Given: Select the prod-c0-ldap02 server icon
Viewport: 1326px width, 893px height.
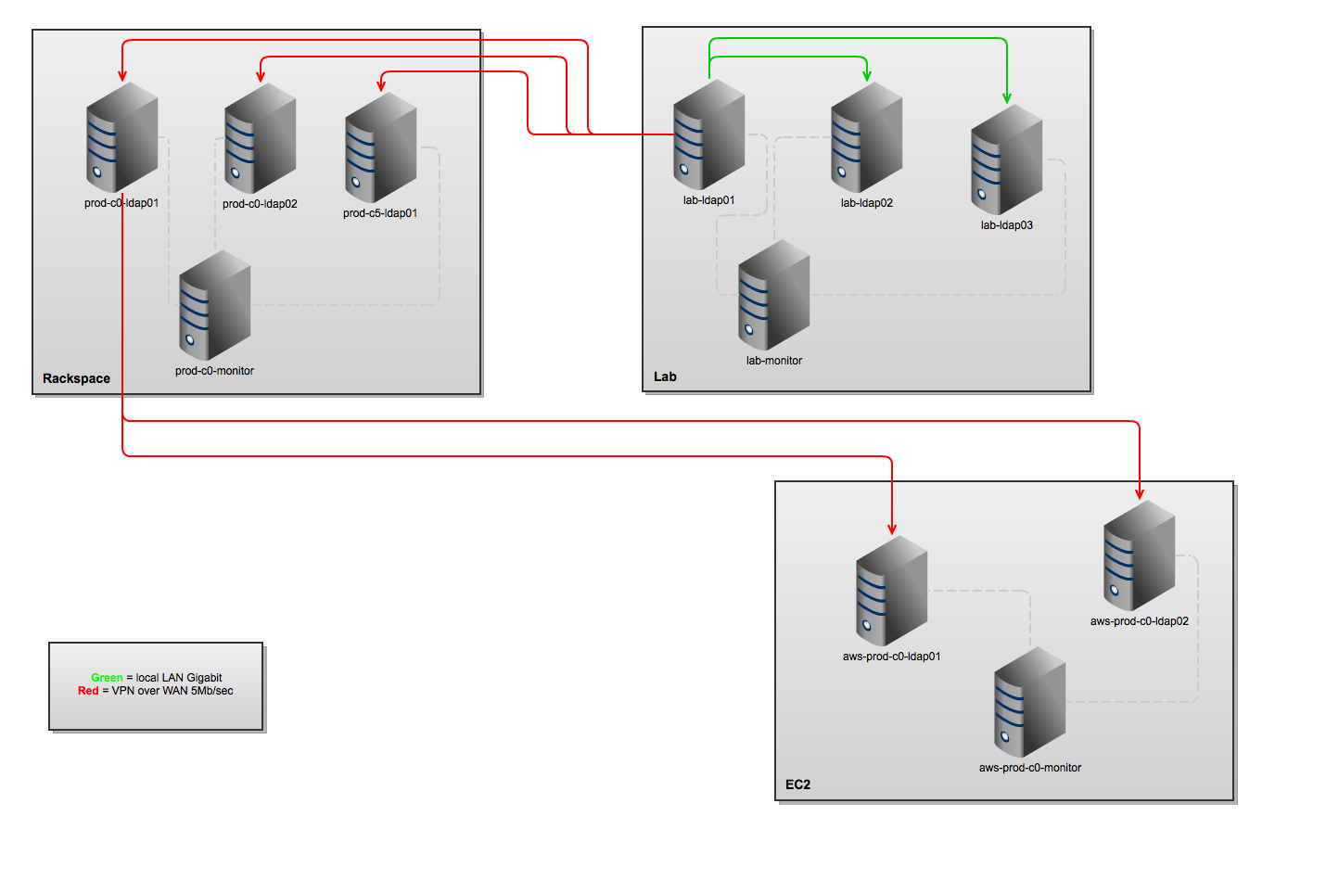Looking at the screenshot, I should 260,139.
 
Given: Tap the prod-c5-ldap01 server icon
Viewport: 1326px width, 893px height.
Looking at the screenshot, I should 380,147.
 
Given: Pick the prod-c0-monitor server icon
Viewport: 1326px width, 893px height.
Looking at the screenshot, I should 214,305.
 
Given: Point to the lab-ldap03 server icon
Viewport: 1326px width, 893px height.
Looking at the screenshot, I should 1006,159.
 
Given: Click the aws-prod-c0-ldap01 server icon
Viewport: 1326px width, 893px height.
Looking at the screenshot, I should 891,591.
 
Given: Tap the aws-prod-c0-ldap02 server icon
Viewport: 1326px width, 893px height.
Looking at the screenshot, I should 1139,555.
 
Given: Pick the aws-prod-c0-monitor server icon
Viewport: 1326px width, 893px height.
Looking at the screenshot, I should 1029,702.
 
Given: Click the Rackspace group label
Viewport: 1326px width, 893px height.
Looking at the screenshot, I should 76,378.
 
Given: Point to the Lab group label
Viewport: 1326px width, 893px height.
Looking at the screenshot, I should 665,376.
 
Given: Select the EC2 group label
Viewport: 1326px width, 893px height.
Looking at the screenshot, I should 797,785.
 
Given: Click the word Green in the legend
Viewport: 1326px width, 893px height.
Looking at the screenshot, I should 107,678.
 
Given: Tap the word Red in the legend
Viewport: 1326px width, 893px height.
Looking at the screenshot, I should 88,691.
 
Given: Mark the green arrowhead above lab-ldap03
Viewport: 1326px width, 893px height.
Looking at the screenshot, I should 1006,97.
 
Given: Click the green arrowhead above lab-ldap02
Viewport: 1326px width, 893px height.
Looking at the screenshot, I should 866,75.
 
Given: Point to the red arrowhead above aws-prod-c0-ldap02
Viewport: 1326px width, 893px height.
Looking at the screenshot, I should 1139,494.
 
